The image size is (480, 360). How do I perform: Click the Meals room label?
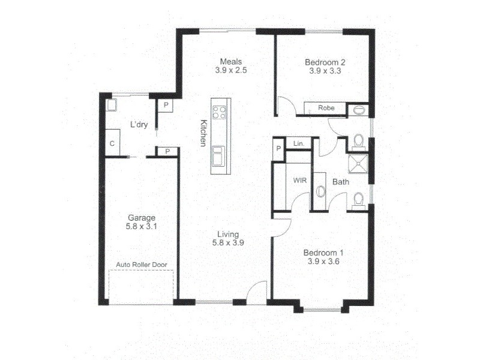point(231,61)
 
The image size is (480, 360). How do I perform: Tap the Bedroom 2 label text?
point(325,62)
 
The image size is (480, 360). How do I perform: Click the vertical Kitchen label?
point(203,133)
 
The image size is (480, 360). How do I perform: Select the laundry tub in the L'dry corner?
point(112,105)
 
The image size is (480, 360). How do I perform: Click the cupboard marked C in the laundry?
point(112,144)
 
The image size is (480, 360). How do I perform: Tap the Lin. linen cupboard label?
point(298,144)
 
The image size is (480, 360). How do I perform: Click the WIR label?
point(299,180)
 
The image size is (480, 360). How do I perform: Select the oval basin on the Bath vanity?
point(320,191)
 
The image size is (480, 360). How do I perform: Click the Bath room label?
point(340,181)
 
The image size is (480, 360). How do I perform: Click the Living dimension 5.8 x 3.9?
point(229,243)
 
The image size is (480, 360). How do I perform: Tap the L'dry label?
point(139,125)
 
